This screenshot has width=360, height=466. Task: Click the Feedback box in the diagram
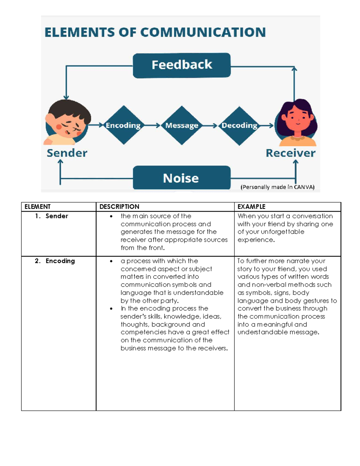181,65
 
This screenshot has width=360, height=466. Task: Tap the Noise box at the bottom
181,178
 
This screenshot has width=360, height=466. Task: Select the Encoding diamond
123,125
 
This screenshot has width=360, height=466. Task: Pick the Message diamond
182,125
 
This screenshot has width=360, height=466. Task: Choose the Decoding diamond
239,125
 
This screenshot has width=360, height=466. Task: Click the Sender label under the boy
67,153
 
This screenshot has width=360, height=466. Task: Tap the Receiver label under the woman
290,153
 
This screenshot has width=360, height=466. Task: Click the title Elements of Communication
155,32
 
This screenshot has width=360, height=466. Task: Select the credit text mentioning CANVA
277,187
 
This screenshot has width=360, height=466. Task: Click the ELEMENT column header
37,207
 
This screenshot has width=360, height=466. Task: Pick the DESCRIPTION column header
119,207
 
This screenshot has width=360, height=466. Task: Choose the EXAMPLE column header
251,207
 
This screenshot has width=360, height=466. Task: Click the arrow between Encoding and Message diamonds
152,125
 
